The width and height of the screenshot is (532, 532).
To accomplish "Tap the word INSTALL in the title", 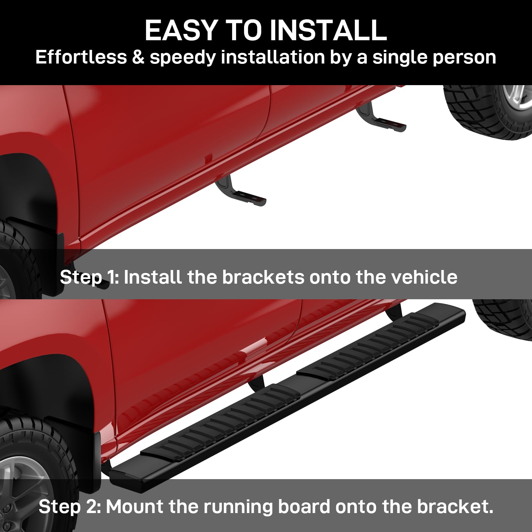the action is tap(329, 30).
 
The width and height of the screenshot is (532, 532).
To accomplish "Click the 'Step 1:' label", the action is tap(89, 277).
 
